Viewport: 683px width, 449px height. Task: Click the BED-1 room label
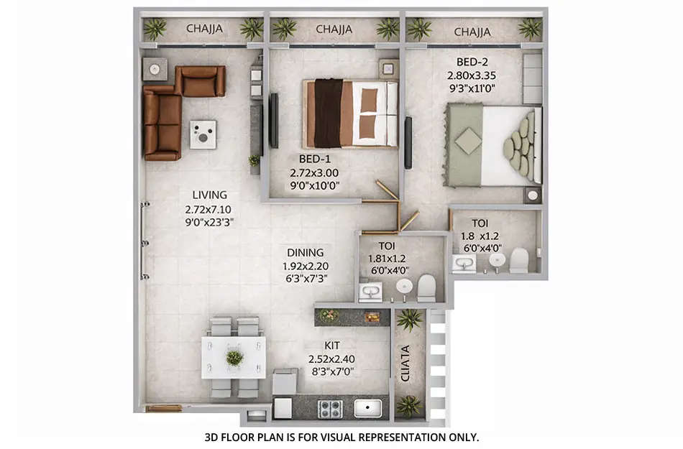click(x=314, y=159)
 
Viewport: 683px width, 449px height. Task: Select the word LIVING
click(x=209, y=195)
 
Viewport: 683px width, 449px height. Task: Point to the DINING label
click(x=306, y=253)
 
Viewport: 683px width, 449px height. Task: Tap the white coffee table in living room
click(x=203, y=134)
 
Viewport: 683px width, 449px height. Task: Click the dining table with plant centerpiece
click(x=234, y=357)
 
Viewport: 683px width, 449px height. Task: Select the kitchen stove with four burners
click(x=330, y=408)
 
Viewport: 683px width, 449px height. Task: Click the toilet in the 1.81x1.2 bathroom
click(x=426, y=289)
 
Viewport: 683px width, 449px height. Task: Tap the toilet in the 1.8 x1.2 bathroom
click(x=519, y=260)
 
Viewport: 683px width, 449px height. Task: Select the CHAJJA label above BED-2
click(x=472, y=32)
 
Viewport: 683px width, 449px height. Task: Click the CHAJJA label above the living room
click(x=204, y=29)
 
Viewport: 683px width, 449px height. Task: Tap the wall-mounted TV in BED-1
click(x=273, y=120)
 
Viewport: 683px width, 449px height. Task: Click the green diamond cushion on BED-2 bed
click(x=468, y=142)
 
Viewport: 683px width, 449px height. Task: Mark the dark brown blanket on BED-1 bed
click(x=328, y=114)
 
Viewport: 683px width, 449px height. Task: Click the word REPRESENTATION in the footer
click(x=400, y=437)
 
